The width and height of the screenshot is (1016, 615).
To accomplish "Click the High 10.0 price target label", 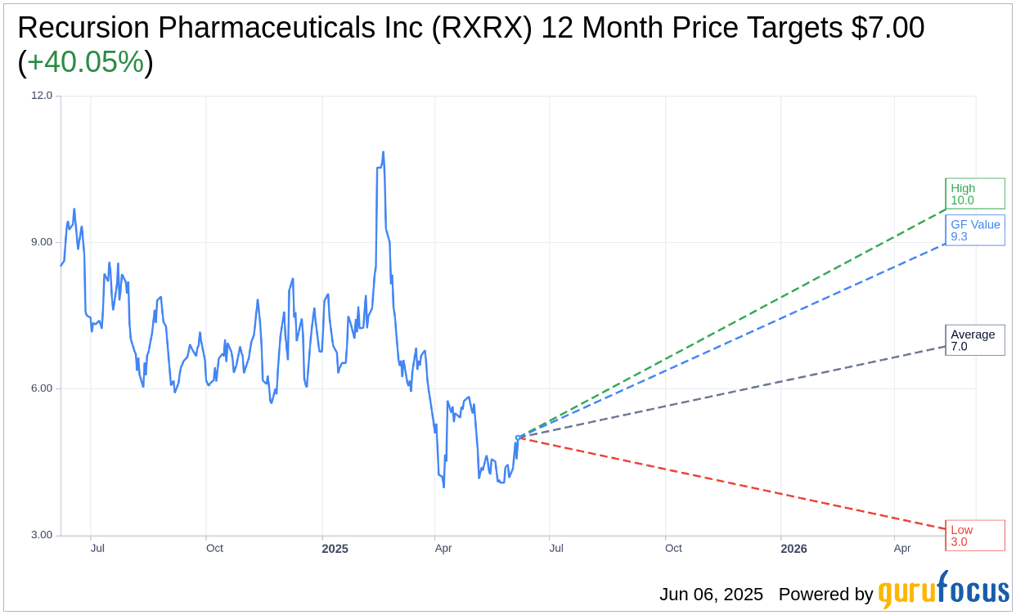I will point(974,194).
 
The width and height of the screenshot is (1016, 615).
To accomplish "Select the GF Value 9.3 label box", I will point(974,230).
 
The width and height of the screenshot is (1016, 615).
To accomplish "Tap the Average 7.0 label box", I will point(974,340).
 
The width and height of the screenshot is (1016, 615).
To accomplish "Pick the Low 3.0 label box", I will point(974,536).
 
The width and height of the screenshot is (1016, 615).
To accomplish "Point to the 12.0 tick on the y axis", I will point(42,95).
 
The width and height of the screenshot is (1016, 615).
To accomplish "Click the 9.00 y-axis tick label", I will point(42,242).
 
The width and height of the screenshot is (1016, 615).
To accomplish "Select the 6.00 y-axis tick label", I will point(42,388).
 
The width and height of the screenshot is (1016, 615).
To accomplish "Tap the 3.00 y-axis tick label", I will point(42,535).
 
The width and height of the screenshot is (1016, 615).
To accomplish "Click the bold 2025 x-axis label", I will point(335,549).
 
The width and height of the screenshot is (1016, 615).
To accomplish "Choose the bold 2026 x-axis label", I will point(793,549).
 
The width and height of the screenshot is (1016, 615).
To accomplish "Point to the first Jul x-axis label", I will point(97,548).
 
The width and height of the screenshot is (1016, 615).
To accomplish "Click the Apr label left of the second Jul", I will point(443,548).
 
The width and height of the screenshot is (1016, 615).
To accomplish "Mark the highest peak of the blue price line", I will point(383,152).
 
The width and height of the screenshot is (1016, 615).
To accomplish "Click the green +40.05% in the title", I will point(85,62).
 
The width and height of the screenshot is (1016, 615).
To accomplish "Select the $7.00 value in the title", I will point(888,28).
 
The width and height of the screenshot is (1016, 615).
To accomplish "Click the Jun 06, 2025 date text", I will point(711,595).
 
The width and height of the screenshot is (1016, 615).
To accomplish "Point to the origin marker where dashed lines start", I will point(518,438).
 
